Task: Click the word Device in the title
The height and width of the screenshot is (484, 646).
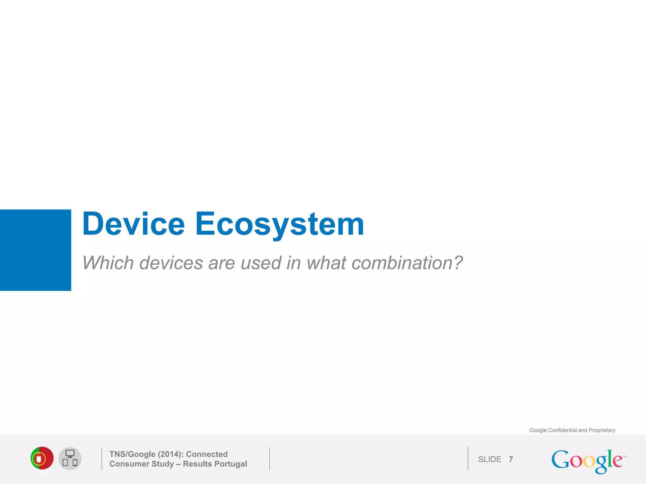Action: pyautogui.click(x=133, y=224)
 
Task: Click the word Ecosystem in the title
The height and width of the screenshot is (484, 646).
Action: pyautogui.click(x=279, y=224)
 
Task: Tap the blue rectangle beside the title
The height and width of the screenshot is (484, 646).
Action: pyautogui.click(x=35, y=250)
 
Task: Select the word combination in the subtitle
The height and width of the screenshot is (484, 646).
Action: pyautogui.click(x=402, y=263)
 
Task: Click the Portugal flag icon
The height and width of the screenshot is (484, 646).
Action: pyautogui.click(x=42, y=458)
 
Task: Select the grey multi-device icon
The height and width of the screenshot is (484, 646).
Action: pyautogui.click(x=70, y=458)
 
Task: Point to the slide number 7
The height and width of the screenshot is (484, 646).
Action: pyautogui.click(x=511, y=459)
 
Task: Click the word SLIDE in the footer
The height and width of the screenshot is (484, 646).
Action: pyautogui.click(x=490, y=459)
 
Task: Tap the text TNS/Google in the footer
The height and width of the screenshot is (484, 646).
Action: pyautogui.click(x=132, y=454)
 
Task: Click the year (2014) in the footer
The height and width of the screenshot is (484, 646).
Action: pyautogui.click(x=170, y=454)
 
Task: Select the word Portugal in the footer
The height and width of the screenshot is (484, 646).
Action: pyautogui.click(x=231, y=464)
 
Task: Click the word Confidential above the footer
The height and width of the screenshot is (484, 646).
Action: pyautogui.click(x=562, y=430)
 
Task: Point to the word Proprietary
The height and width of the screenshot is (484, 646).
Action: pyautogui.click(x=602, y=430)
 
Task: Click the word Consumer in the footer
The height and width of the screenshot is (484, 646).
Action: pyautogui.click(x=129, y=464)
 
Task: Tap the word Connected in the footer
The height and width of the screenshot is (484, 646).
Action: pyautogui.click(x=207, y=454)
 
